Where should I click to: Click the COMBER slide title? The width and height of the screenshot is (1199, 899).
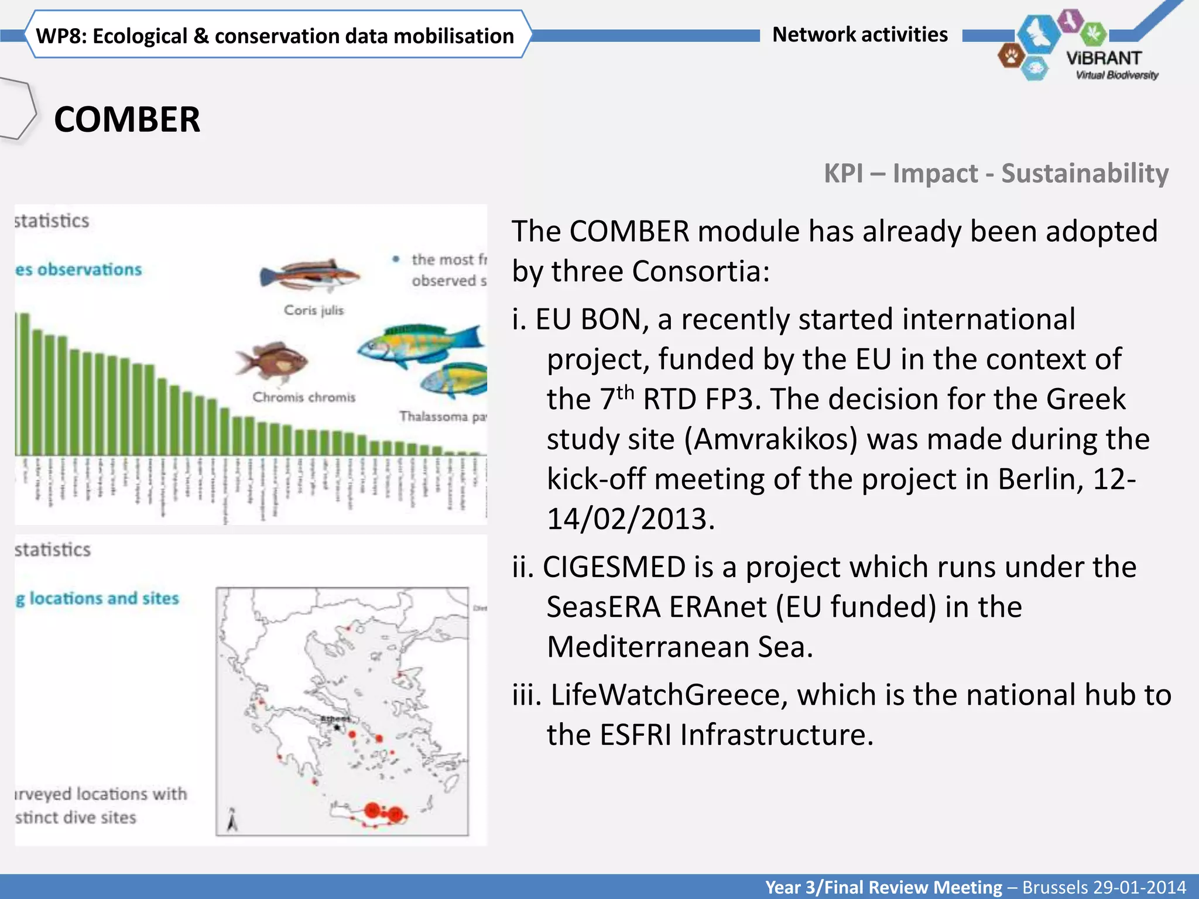click(127, 120)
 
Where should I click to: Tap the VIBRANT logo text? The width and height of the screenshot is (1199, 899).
click(1104, 59)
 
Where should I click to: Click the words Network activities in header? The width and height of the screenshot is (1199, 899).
click(859, 35)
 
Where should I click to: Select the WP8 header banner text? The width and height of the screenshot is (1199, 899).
click(275, 36)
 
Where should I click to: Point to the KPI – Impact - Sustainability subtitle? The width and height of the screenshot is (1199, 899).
click(996, 173)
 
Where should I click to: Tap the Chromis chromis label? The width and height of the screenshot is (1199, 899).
click(304, 397)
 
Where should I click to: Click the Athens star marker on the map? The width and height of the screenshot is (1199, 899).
click(337, 728)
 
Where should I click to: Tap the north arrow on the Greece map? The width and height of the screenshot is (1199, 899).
click(232, 820)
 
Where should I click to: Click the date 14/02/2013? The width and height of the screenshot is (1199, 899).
click(631, 519)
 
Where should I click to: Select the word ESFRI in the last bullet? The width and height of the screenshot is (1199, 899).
click(636, 735)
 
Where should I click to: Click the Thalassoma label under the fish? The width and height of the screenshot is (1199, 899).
click(442, 417)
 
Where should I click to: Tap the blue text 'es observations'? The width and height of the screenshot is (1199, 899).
click(78, 270)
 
